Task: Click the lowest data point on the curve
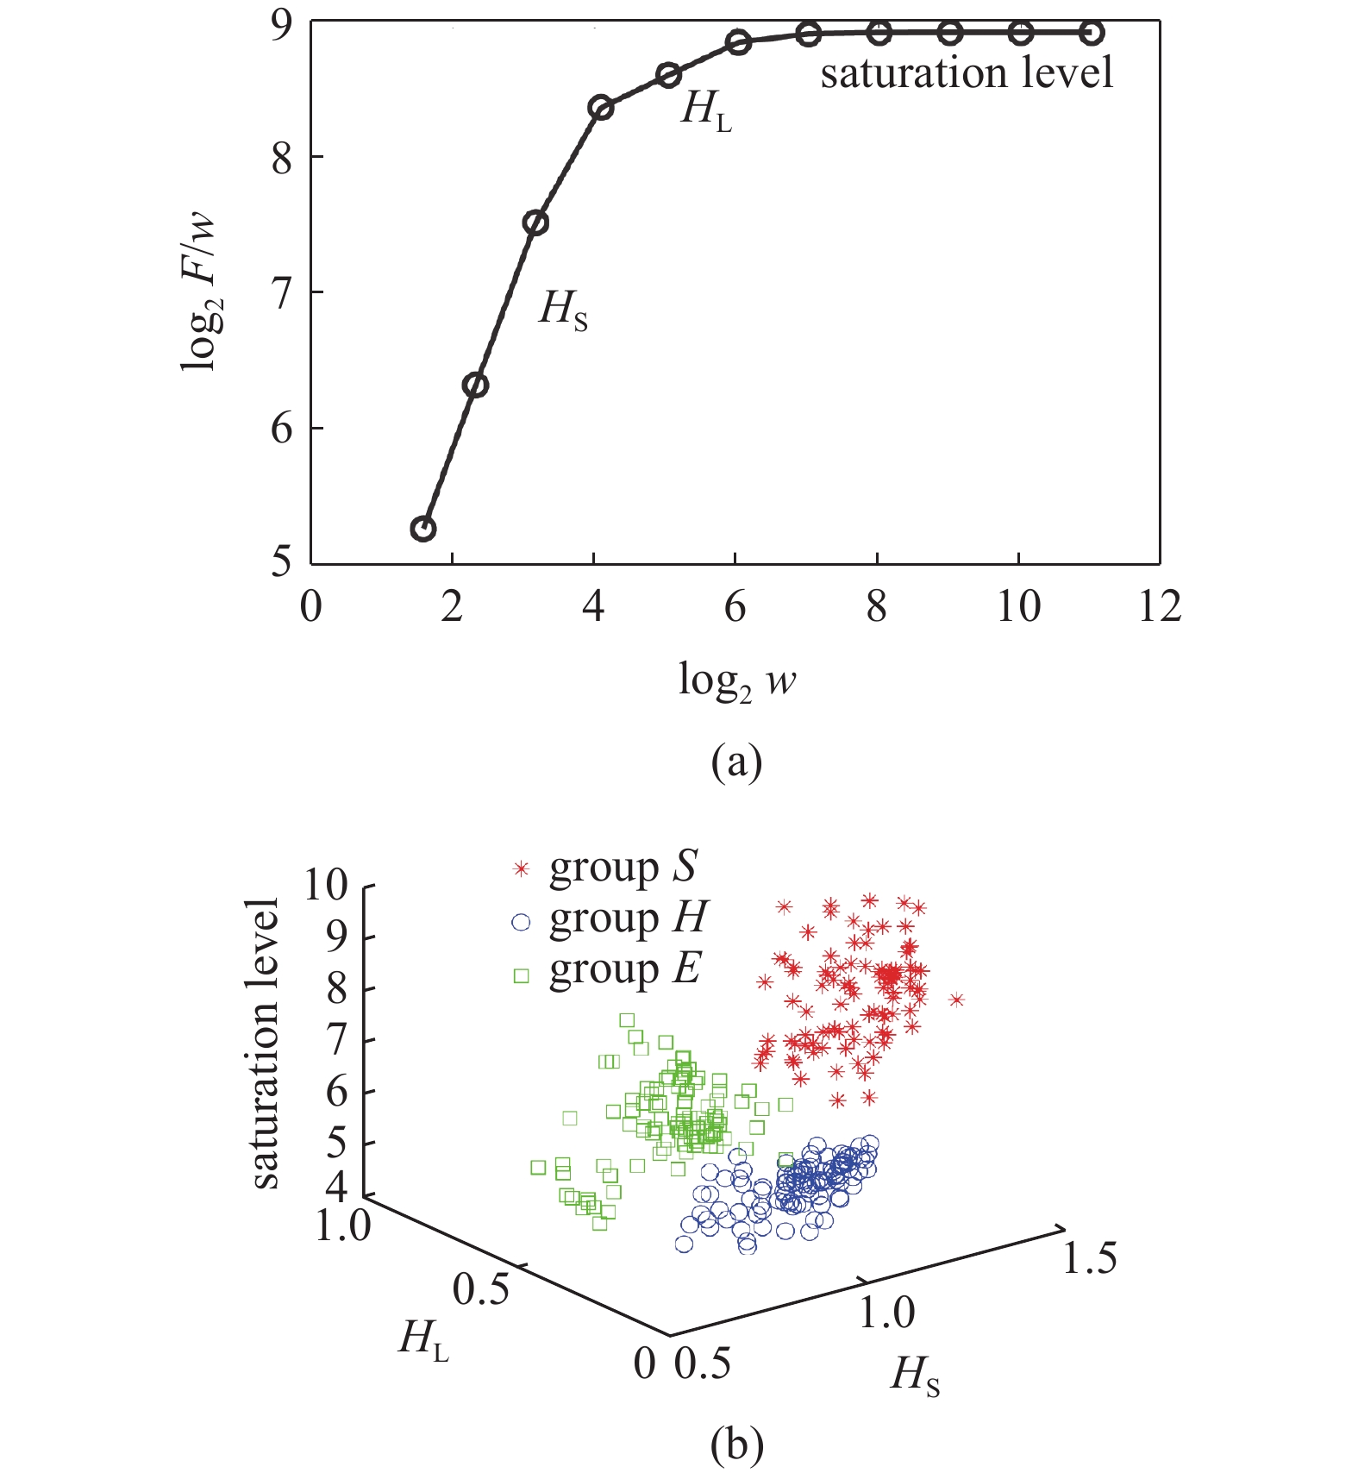(422, 529)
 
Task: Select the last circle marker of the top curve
(1091, 34)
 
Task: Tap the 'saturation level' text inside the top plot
(967, 72)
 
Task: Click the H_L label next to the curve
(705, 110)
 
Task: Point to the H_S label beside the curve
(563, 309)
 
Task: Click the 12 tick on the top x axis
(1159, 607)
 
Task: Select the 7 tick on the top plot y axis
(282, 292)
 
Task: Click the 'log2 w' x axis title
(737, 681)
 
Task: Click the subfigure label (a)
(736, 762)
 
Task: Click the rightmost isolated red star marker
(956, 1000)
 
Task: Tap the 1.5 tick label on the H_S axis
(1089, 1258)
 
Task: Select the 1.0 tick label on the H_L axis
(343, 1225)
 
